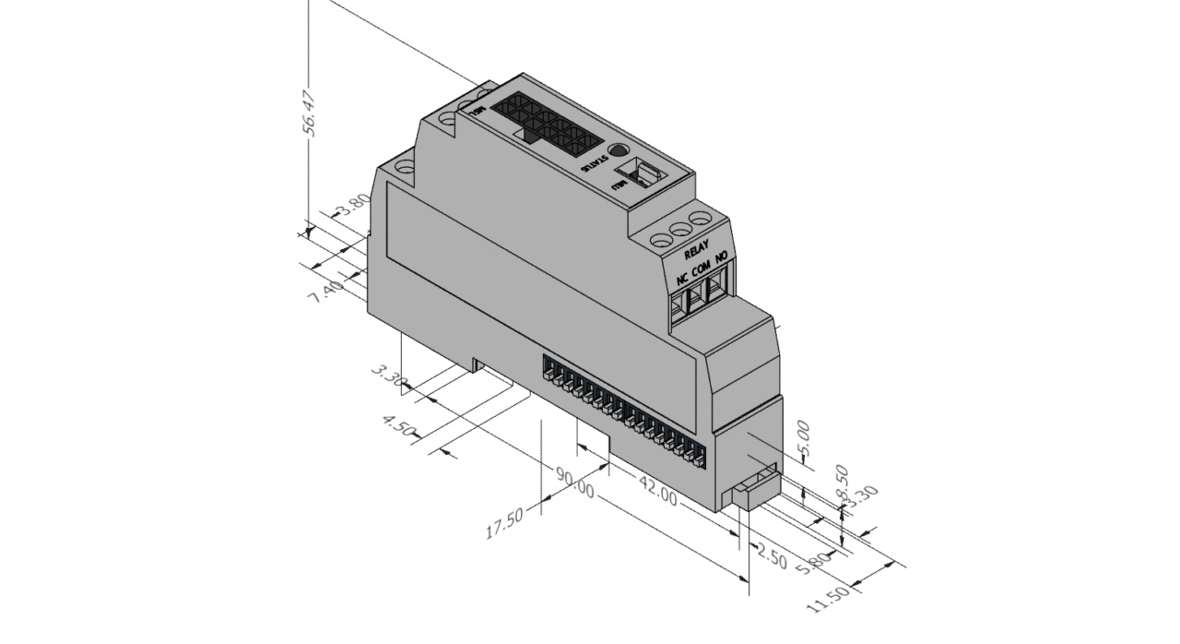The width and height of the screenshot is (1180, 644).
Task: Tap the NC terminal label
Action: pyautogui.click(x=682, y=278)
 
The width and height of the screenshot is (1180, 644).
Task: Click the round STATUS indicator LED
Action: pyautogui.click(x=619, y=152)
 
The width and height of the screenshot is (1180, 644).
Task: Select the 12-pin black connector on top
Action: pyautogui.click(x=541, y=124)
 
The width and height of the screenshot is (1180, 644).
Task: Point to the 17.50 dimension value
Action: pyautogui.click(x=504, y=523)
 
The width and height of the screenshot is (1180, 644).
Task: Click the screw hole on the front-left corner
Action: pyautogui.click(x=403, y=168)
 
